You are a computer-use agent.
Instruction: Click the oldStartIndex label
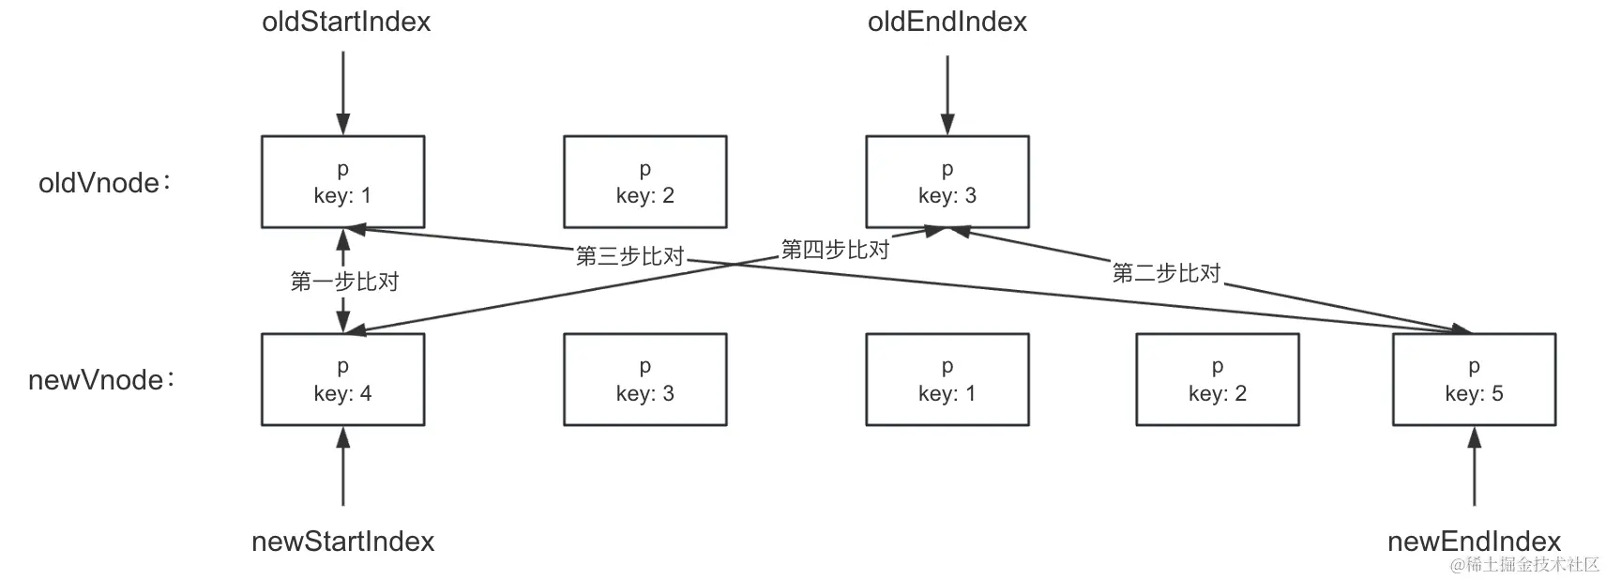tap(346, 23)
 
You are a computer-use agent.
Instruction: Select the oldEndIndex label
tap(947, 23)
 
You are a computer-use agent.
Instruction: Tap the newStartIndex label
tap(342, 542)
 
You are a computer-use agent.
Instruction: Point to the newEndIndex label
tap(1474, 542)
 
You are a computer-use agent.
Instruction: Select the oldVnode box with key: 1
tap(342, 182)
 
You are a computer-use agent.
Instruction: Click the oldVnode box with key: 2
tap(644, 182)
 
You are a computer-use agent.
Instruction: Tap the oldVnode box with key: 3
tap(947, 182)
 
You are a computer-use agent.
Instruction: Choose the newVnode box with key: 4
tap(342, 379)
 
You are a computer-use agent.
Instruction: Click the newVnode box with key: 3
tap(644, 379)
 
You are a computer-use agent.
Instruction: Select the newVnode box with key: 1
tap(947, 379)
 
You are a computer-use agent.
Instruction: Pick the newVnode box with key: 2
tap(1217, 379)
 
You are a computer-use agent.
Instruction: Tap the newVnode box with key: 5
tap(1474, 379)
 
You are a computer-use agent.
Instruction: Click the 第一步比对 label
tap(344, 282)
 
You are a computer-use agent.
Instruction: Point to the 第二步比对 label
tap(1166, 273)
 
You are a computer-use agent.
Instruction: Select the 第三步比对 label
tap(629, 256)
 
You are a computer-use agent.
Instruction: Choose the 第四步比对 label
tap(835, 250)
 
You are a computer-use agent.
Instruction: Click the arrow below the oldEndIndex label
tap(947, 94)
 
